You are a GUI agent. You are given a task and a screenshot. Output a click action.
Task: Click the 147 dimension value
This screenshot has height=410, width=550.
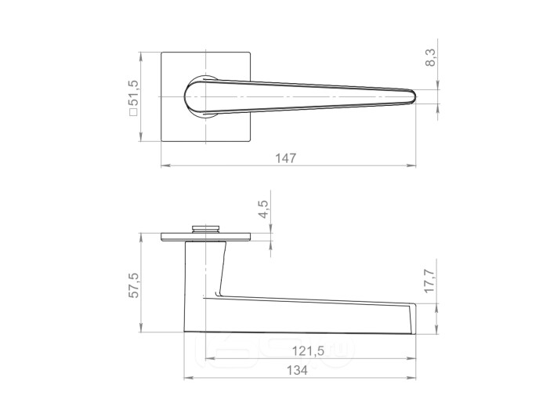285,158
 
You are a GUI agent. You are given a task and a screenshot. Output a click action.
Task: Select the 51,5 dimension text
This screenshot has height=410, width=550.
134,93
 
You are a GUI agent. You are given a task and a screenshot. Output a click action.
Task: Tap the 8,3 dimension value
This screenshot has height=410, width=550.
430,57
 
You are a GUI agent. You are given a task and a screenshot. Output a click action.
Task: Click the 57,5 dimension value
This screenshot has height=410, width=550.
134,285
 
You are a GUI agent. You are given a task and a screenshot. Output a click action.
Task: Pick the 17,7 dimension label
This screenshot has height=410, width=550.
429,281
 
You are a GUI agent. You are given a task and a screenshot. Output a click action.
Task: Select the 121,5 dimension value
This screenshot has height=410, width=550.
309,350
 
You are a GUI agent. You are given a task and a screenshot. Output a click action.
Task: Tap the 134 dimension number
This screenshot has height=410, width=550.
297,370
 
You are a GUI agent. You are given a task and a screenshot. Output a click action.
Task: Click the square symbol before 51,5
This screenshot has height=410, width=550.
133,112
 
